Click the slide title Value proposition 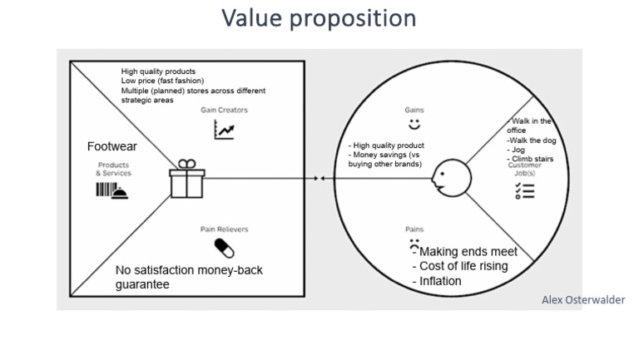click(319, 18)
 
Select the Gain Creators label click(224, 110)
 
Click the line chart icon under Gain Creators click(224, 129)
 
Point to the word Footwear click(111, 147)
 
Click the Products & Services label click(113, 169)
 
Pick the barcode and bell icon click(112, 190)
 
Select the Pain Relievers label click(224, 229)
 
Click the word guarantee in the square click(143, 284)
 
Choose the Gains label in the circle click(414, 109)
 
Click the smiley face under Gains click(414, 125)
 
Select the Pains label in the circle click(414, 229)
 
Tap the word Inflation click(437, 281)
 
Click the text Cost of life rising click(463, 266)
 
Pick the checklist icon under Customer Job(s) click(524, 191)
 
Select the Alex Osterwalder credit click(582, 300)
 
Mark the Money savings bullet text click(384, 155)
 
